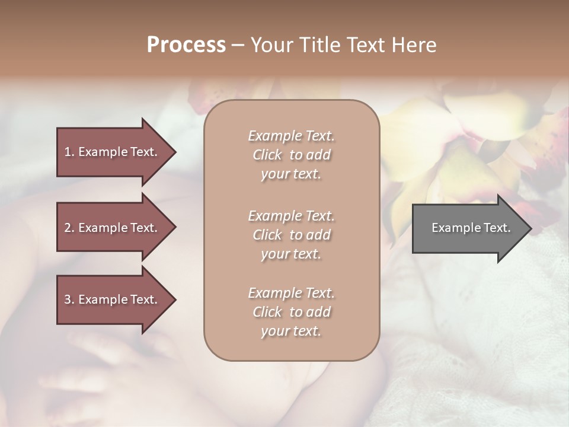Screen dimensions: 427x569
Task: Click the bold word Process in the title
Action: [186, 45]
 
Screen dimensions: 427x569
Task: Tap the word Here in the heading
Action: [414, 45]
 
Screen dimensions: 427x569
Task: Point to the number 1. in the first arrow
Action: [69, 152]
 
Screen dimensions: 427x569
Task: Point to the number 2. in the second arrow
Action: [69, 228]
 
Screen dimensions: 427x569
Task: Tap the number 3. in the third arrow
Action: [69, 299]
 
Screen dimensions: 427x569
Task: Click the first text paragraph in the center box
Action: [291, 155]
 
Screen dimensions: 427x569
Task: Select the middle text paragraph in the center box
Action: [291, 235]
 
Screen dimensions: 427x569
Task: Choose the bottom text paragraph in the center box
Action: [291, 312]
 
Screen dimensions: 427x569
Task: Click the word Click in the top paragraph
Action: [267, 155]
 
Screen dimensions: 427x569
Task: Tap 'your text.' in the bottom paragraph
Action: [291, 331]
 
